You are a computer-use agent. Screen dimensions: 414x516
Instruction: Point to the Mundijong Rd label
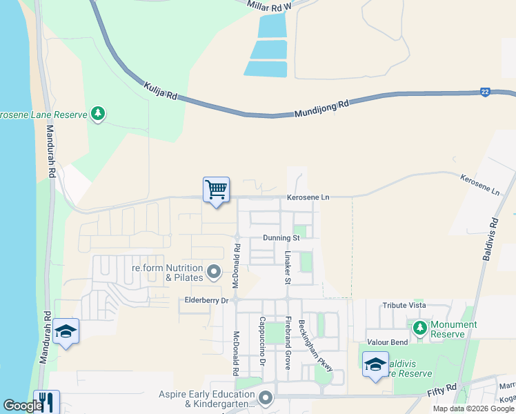pyautogui.click(x=321, y=108)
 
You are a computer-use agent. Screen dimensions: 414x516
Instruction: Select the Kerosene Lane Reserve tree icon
pyautogui.click(x=97, y=114)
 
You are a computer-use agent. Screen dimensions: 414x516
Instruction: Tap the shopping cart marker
pyautogui.click(x=216, y=190)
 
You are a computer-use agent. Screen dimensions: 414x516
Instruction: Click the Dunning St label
pyautogui.click(x=281, y=238)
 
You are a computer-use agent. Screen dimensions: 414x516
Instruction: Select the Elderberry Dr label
pyautogui.click(x=206, y=300)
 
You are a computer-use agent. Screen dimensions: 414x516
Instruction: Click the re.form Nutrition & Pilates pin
pyautogui.click(x=213, y=271)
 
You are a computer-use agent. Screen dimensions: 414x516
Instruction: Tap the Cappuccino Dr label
pyautogui.click(x=263, y=342)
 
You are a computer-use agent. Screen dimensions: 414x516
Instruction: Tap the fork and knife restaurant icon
pyautogui.click(x=46, y=402)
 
